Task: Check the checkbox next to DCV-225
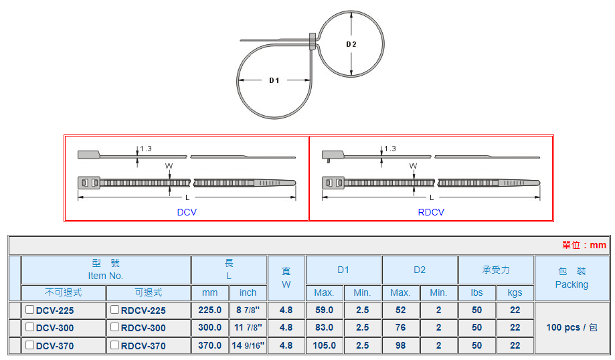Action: pyautogui.click(x=30, y=310)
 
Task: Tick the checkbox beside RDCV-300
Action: pyautogui.click(x=115, y=327)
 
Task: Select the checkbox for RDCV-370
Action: pyautogui.click(x=115, y=345)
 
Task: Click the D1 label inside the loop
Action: pyautogui.click(x=274, y=80)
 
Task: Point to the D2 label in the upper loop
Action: pyautogui.click(x=351, y=44)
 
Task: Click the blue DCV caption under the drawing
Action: pyautogui.click(x=187, y=212)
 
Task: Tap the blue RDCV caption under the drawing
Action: pyautogui.click(x=431, y=212)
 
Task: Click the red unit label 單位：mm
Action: pyautogui.click(x=584, y=246)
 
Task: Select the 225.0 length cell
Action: pyautogui.click(x=209, y=310)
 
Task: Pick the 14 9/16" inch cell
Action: pyautogui.click(x=248, y=346)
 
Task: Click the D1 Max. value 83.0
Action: pyautogui.click(x=325, y=328)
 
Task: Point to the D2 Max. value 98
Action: pyautogui.click(x=400, y=346)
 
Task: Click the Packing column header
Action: pyautogui.click(x=572, y=278)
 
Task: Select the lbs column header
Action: pyautogui.click(x=476, y=293)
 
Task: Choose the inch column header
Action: pyautogui.click(x=248, y=293)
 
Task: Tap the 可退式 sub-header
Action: pyautogui.click(x=148, y=293)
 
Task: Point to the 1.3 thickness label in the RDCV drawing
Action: pyautogui.click(x=389, y=149)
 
